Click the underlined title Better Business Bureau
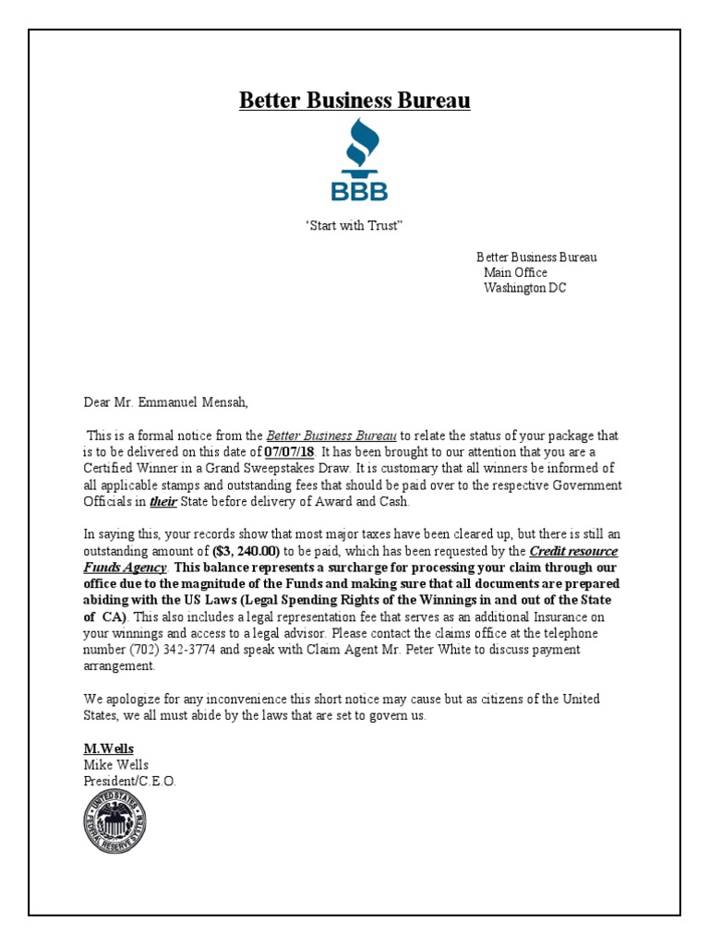(x=354, y=101)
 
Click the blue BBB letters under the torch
(x=359, y=191)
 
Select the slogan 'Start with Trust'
(x=354, y=227)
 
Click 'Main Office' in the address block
(x=515, y=272)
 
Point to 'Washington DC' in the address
(x=524, y=288)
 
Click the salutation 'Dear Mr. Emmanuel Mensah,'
(x=166, y=402)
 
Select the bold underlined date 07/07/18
(x=289, y=452)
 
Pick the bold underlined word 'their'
(x=162, y=501)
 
